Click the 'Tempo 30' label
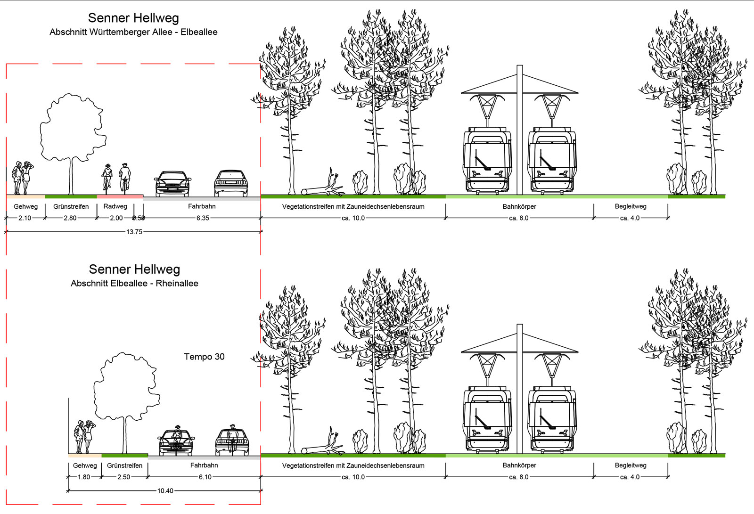tap(204, 357)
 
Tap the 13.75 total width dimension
tap(134, 232)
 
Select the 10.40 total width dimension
tap(164, 491)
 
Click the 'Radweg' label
tap(115, 206)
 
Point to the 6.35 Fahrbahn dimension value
tap(203, 218)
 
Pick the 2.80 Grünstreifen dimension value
tap(70, 218)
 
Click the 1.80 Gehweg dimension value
tap(84, 477)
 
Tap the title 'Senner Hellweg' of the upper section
tap(133, 18)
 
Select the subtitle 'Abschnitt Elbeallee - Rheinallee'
tap(134, 283)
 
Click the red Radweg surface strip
tap(120, 196)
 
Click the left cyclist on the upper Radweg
tap(107, 177)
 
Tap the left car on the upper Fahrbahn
tap(173, 183)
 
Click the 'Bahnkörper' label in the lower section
tap(519, 465)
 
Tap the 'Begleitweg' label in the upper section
tap(631, 206)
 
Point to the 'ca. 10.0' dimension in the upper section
tap(352, 218)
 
